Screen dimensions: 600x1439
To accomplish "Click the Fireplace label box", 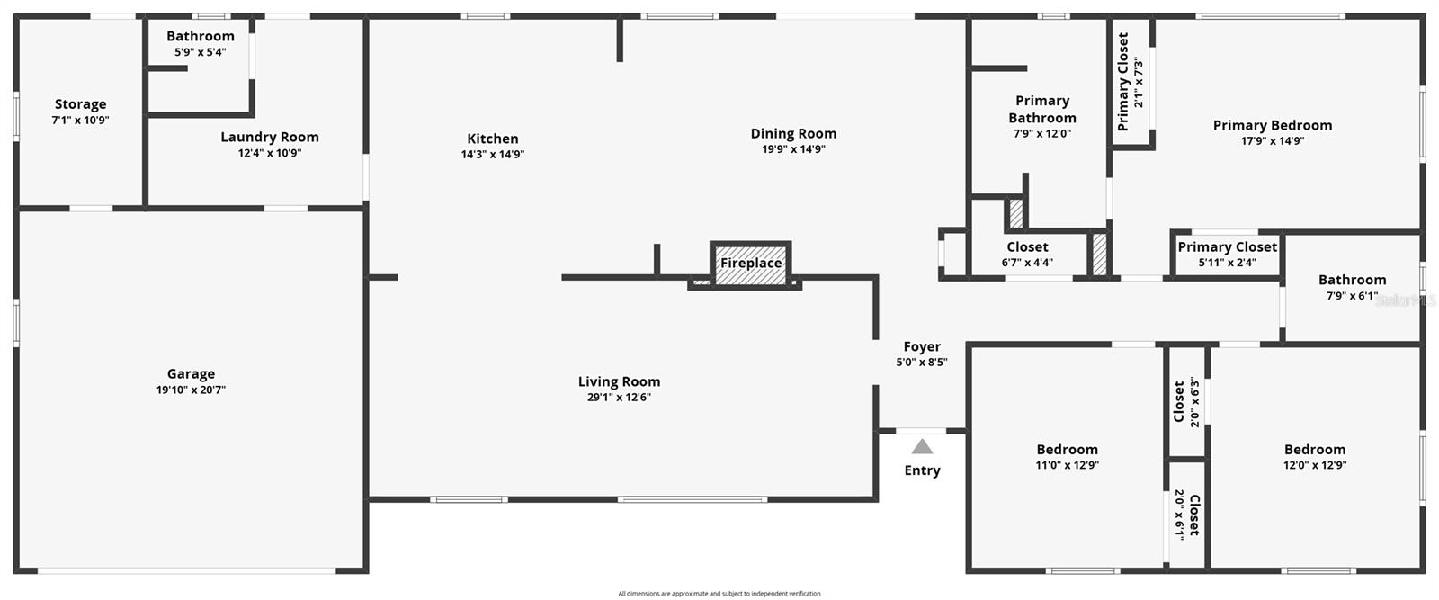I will coord(751,264).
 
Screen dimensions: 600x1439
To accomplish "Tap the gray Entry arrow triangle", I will coord(923,447).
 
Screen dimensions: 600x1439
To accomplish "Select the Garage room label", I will coord(191,374).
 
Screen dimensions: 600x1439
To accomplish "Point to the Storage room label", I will coord(81,104).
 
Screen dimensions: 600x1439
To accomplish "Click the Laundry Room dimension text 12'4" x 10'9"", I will coord(270,153).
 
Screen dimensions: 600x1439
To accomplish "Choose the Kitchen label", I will coord(493,139).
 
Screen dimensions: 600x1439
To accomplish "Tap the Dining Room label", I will coord(793,134).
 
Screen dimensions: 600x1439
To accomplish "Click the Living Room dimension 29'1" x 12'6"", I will coord(619,397).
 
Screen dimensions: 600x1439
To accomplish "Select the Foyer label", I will coord(922,346).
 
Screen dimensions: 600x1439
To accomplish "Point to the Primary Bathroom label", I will coord(1042,109).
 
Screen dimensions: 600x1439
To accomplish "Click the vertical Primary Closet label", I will coord(1123,82).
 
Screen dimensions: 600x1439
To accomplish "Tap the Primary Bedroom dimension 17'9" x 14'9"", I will coord(1273,140).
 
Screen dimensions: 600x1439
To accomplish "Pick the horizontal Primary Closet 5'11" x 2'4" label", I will coord(1227,247).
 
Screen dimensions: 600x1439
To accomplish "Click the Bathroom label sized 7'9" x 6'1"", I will coord(1352,280).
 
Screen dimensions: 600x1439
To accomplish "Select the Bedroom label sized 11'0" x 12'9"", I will coord(1067,450).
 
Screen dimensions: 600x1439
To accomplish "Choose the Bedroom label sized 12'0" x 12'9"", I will coord(1315,450).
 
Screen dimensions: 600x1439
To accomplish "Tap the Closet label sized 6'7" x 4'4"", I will coord(1027,247).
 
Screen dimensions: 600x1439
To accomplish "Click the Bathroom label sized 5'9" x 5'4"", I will coord(201,37).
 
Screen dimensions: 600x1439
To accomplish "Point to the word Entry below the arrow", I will coord(923,470).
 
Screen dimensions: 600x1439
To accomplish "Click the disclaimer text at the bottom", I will coord(719,594).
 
